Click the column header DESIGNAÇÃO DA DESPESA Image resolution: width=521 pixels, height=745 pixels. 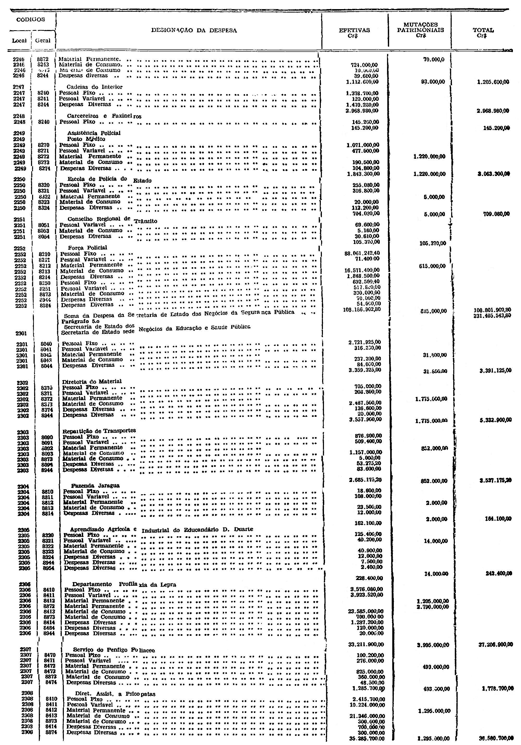(194, 30)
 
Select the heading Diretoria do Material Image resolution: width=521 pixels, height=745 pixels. (92, 381)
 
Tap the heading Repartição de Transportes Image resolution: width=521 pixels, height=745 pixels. (99, 431)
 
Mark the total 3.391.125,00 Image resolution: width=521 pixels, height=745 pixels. (495, 370)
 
